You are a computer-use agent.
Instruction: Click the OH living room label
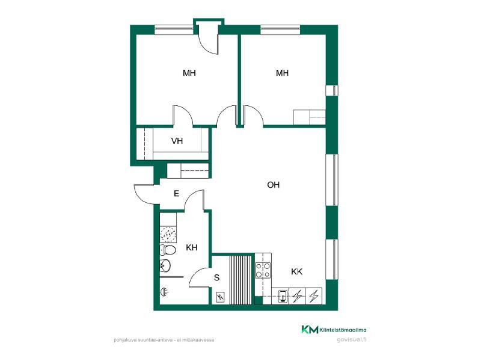click(273, 185)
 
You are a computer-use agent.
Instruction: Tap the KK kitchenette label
click(296, 272)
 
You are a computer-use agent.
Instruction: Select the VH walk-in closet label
click(177, 141)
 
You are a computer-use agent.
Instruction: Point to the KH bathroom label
click(191, 248)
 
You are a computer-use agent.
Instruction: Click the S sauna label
click(216, 278)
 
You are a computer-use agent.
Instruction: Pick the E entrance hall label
click(176, 194)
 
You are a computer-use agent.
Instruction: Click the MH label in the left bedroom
click(189, 73)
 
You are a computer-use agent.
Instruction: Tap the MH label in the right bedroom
click(282, 73)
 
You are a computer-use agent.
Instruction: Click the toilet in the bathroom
click(168, 250)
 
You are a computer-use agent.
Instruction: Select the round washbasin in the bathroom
click(165, 265)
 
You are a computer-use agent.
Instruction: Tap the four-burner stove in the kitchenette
click(263, 270)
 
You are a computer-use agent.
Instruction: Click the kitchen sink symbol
click(283, 297)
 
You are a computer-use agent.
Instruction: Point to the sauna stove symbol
click(220, 297)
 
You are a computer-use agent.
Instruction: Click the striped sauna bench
click(241, 279)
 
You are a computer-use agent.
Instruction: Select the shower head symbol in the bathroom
click(164, 292)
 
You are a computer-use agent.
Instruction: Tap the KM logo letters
click(310, 330)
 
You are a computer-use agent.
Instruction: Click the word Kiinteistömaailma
click(343, 330)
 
